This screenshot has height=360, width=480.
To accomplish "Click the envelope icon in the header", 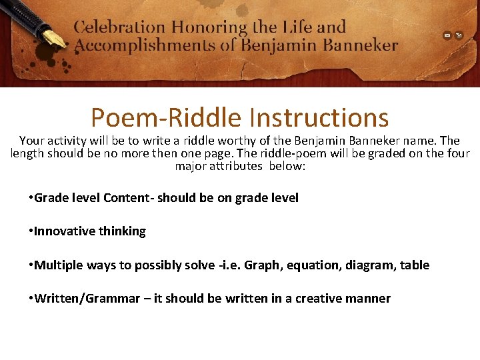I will (447, 35).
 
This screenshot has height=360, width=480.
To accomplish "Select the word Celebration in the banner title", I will (119, 28).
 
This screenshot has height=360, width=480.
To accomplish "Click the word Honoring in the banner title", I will (209, 28).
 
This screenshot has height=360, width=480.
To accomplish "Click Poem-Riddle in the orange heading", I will (166, 118).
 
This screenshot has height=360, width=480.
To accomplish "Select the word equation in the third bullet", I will (313, 265).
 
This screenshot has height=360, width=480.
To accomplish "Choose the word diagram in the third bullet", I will (370, 265).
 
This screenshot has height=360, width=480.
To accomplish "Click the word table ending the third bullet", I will (415, 265).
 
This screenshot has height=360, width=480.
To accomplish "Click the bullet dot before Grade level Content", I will (31, 198).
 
